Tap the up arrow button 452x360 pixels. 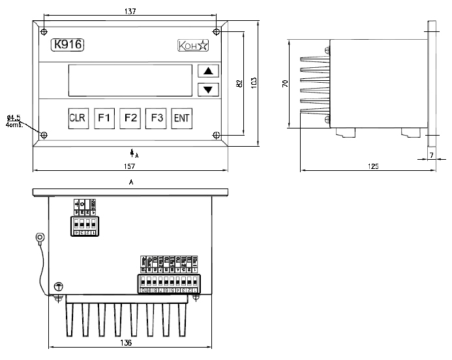(208, 71)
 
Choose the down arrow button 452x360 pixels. (208, 89)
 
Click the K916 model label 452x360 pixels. (68, 45)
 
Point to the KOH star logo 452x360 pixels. (193, 46)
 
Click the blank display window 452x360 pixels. (130, 80)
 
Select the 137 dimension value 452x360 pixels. (130, 10)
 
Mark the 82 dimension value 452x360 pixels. (240, 83)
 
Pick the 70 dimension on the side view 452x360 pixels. (285, 83)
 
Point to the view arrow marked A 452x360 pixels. (132, 153)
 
